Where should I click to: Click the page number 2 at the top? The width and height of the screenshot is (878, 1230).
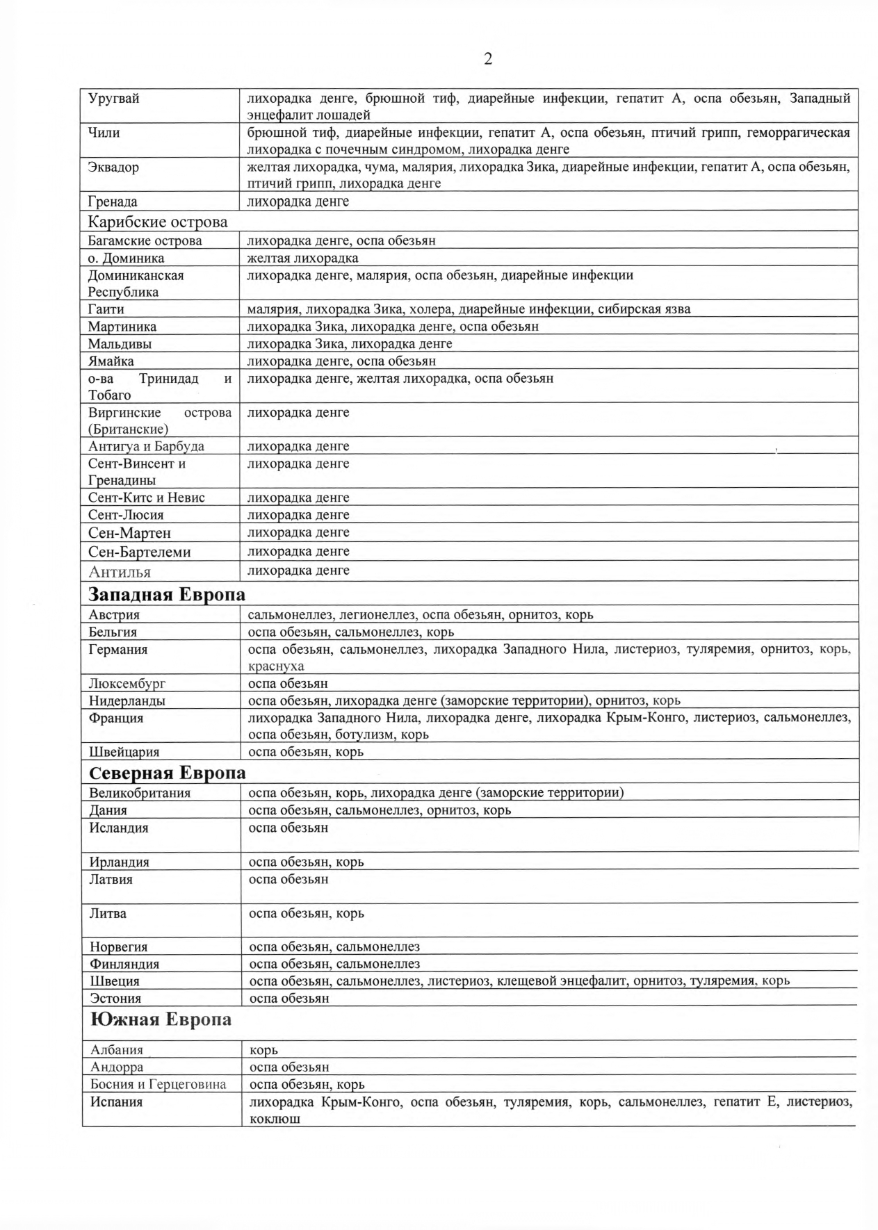488,59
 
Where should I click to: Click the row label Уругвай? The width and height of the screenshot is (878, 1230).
113,98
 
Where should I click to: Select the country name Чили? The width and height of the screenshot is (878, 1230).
104,132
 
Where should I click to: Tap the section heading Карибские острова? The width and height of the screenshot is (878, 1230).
158,222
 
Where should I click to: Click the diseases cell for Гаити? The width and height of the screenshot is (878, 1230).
469,309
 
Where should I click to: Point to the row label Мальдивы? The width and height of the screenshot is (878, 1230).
120,343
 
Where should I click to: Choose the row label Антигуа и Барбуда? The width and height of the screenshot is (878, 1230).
146,446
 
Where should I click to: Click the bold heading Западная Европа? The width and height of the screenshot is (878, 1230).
167,595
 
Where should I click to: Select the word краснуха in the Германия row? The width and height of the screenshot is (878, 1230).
276,666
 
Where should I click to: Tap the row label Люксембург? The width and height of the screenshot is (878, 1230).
127,683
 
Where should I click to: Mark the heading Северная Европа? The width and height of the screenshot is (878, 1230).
168,773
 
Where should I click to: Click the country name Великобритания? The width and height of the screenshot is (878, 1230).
140,793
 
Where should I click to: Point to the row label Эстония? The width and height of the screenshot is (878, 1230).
115,998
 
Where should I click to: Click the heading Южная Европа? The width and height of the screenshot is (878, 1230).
161,1019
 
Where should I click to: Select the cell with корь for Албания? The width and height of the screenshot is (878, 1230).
264,1050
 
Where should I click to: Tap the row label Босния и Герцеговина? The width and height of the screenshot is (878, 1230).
158,1084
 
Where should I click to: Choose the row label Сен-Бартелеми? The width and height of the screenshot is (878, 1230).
139,552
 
